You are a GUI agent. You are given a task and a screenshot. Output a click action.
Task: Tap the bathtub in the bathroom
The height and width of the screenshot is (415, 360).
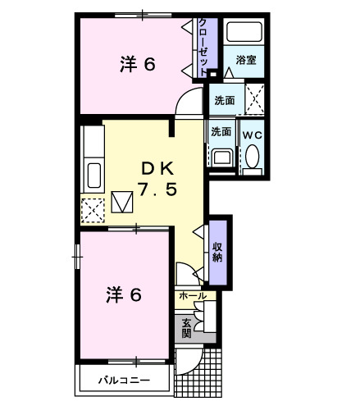244,34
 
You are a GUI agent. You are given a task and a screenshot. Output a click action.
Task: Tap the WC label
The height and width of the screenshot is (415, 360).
250,132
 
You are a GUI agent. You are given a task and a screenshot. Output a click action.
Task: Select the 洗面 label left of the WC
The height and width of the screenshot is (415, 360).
221,131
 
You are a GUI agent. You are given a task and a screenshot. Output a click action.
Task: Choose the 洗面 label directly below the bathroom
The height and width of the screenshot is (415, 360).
225,100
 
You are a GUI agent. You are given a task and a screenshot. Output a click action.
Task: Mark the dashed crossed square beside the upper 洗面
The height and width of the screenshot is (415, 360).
254,100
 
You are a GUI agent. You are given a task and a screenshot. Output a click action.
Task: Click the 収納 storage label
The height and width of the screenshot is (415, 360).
217,251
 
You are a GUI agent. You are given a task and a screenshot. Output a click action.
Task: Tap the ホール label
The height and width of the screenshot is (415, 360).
193,295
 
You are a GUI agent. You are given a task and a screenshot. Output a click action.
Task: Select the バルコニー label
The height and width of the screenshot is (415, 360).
124,380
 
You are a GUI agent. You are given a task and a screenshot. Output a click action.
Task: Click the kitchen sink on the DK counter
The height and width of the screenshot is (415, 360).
93,175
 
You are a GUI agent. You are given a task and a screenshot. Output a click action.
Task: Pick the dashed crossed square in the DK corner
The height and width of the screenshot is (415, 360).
93,211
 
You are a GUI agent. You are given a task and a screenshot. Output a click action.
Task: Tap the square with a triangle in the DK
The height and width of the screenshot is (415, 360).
123,201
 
